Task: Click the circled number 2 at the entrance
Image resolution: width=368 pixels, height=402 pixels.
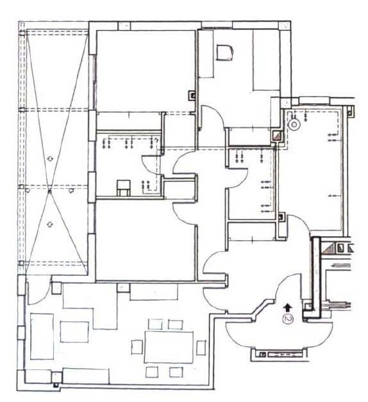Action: (288, 319)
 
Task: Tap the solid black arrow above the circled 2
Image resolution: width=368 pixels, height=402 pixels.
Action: (288, 307)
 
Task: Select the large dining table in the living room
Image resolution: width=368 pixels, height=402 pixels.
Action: (169, 347)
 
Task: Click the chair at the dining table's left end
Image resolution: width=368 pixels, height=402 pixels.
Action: (137, 347)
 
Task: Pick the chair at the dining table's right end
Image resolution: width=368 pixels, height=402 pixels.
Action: (201, 348)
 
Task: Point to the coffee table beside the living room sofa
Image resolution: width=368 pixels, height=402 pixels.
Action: (74, 332)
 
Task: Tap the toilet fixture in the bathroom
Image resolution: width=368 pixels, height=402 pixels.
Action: (123, 188)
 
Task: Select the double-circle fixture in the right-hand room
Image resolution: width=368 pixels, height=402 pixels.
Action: (294, 125)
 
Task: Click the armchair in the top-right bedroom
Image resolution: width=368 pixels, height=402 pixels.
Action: (224, 52)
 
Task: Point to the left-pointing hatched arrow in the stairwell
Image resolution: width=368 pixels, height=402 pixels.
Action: (341, 266)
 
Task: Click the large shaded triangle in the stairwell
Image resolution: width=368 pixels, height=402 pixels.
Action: (330, 248)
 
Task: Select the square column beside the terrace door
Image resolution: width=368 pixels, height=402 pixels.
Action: (56, 288)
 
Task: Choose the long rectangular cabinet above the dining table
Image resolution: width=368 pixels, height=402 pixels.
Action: (154, 292)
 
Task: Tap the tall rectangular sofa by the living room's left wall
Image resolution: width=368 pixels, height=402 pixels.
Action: (42, 336)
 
